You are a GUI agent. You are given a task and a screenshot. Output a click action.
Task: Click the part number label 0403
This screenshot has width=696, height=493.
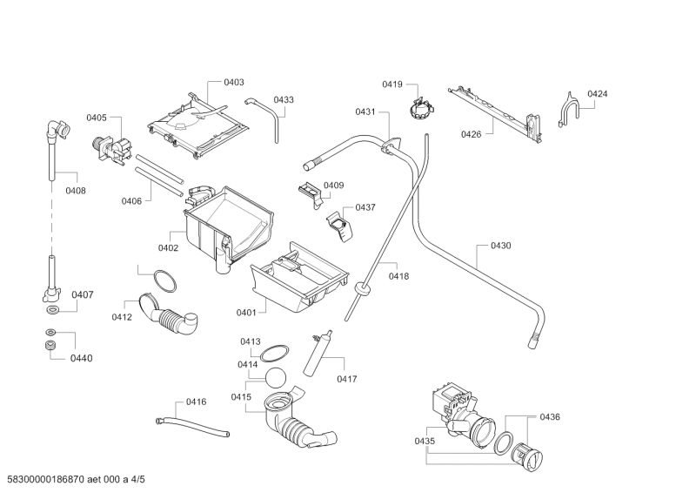coord(233,82)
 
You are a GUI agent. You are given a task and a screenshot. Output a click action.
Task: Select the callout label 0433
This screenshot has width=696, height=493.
coord(283,100)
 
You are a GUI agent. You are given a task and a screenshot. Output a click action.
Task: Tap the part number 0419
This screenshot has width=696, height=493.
coord(391,84)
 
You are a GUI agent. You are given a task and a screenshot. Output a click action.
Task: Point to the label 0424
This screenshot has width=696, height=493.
coord(597,93)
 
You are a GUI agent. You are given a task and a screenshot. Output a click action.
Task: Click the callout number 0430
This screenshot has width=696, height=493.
coord(500,246)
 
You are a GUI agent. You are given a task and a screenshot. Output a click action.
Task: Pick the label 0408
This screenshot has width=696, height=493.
coord(76,190)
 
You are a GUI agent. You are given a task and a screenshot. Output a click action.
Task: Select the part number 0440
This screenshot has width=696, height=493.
coord(82,358)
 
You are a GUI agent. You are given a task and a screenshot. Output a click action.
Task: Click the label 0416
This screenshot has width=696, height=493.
coord(196,402)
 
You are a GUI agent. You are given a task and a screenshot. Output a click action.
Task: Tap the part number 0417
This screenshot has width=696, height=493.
coord(348,379)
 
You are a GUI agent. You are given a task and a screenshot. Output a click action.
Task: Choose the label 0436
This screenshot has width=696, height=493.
coord(549,417)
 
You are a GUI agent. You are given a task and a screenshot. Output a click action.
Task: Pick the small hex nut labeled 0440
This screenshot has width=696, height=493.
coord(50,348)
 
